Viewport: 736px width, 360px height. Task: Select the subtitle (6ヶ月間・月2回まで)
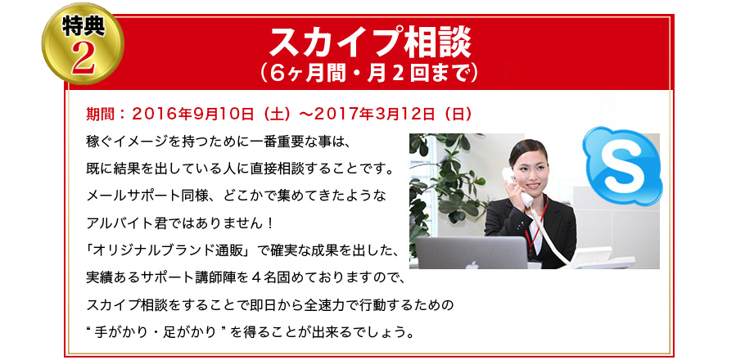pyautogui.click(x=368, y=73)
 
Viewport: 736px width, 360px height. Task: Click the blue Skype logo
pyautogui.click(x=622, y=164)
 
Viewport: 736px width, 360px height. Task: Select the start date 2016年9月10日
pyautogui.click(x=193, y=113)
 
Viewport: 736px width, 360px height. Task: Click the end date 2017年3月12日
pyautogui.click(x=375, y=113)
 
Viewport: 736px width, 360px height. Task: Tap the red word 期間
pyautogui.click(x=100, y=113)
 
